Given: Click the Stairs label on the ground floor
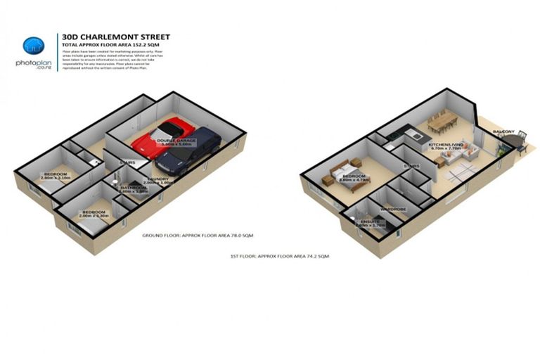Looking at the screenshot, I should (127, 163).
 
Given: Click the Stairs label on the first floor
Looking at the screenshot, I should (411, 166).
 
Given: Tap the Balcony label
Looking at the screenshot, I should (503, 131).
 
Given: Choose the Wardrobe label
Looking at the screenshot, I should (393, 209).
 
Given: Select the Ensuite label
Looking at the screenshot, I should (371, 222).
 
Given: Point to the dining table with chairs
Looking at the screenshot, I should (439, 122).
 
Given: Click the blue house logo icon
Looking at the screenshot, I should (33, 46).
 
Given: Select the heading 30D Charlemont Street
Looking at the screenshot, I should (115, 37).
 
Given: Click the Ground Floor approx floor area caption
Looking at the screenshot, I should (197, 234).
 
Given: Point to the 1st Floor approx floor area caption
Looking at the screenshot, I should (279, 257).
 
